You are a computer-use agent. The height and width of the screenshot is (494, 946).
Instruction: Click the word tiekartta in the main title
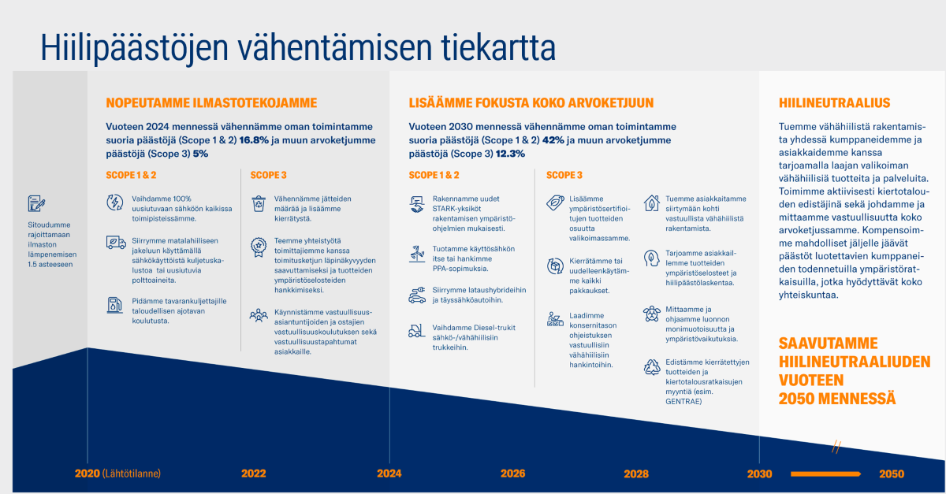(498, 47)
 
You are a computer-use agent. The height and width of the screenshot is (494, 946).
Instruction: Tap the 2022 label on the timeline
(254, 474)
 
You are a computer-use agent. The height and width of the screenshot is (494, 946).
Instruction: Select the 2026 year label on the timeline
(513, 474)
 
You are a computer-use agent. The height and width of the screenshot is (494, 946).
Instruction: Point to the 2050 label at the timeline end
(892, 474)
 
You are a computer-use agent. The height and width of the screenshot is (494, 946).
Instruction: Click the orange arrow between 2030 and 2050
(825, 474)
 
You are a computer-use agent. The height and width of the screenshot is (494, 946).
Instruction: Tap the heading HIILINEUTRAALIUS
(835, 103)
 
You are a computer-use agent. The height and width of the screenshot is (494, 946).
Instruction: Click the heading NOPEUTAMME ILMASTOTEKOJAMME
(211, 103)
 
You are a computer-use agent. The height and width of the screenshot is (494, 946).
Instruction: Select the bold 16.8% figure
(254, 140)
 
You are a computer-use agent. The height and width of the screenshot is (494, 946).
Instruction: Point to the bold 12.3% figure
(510, 154)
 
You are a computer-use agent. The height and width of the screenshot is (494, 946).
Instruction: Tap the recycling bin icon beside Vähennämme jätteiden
(259, 203)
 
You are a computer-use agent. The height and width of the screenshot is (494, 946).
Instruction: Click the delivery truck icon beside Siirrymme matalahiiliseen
(116, 243)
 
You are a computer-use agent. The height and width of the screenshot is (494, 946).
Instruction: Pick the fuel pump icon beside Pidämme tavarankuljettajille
(114, 305)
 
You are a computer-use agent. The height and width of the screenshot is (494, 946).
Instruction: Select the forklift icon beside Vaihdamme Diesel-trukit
(416, 331)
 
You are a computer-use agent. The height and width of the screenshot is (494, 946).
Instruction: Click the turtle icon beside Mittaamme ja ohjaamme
(652, 314)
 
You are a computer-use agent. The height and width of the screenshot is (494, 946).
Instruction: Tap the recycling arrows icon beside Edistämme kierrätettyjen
(652, 367)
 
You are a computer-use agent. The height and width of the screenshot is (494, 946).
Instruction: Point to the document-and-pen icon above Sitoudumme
(36, 203)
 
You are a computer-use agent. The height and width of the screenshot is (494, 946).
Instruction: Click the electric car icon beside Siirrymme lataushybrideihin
(417, 295)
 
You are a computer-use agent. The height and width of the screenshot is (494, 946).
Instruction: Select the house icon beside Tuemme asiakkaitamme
(652, 203)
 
